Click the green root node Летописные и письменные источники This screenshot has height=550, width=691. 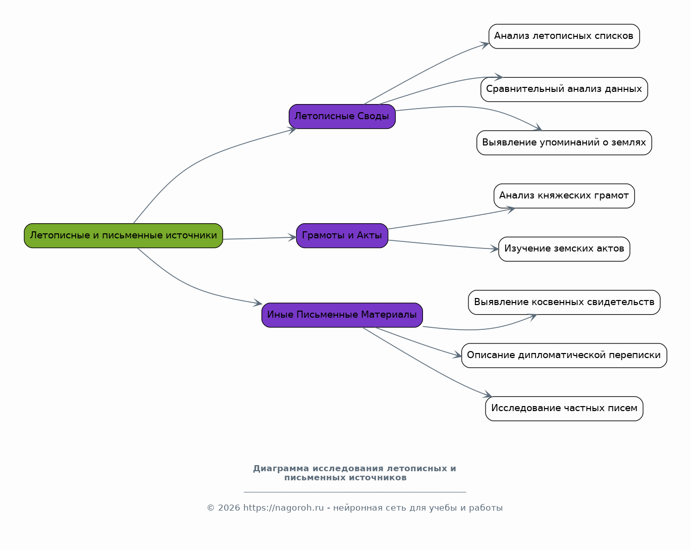[123, 235]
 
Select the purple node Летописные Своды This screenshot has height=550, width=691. [342, 116]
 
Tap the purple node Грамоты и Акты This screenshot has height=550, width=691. [342, 235]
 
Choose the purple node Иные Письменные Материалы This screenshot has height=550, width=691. [342, 315]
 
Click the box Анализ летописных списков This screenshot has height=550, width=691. [564, 36]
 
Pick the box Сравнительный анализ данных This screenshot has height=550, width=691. [564, 89]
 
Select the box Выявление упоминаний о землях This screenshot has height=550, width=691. [564, 142]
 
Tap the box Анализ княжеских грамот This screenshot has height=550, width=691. [564, 195]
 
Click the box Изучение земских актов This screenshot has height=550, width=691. [564, 249]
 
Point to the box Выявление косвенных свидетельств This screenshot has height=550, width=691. [564, 302]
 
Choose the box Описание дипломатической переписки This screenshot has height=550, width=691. [564, 356]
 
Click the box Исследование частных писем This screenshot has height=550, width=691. [564, 408]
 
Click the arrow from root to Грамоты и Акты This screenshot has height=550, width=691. [259, 238]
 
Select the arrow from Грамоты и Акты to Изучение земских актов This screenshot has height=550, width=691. [443, 245]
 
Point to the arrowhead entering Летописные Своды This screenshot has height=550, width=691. [292, 130]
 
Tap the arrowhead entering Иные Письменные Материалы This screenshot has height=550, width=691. [258, 303]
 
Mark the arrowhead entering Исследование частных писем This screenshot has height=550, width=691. [488, 394]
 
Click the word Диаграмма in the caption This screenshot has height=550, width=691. [281, 468]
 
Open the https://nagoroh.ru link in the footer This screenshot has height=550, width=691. [283, 508]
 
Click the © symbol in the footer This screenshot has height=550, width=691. [210, 508]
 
